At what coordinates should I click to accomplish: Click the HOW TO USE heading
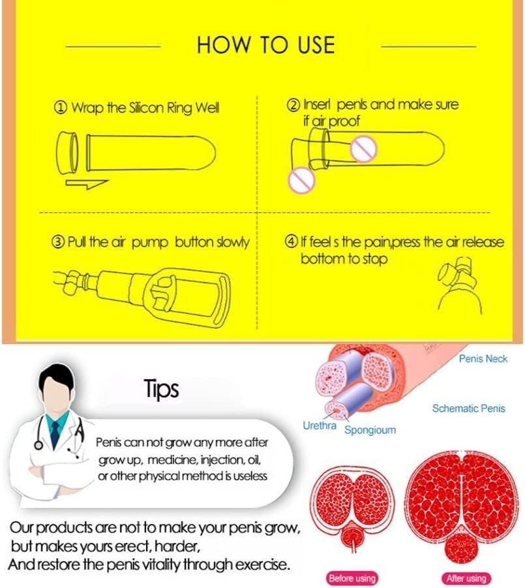(265, 44)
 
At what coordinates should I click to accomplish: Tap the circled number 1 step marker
(61, 108)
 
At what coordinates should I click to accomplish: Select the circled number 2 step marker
(293, 104)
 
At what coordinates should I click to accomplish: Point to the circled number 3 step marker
(57, 242)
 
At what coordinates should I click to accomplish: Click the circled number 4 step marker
(291, 241)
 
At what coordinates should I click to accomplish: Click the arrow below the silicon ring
(87, 184)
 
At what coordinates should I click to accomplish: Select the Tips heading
(162, 390)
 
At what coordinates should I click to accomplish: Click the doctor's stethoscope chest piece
(38, 445)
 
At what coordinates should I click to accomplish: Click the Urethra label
(320, 426)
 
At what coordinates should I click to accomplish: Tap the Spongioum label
(370, 430)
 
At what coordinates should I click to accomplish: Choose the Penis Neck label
(483, 359)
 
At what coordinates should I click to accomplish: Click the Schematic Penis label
(469, 409)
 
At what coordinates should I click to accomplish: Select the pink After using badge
(466, 578)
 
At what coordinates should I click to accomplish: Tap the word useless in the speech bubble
(250, 476)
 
